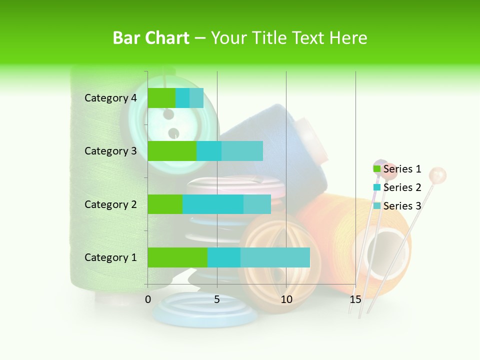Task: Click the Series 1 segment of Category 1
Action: (177, 257)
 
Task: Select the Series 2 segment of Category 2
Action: (213, 204)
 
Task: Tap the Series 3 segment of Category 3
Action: (242, 151)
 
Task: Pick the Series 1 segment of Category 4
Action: (161, 98)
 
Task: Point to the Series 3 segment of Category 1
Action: (275, 257)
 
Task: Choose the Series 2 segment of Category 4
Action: (182, 98)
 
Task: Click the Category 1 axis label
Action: (110, 257)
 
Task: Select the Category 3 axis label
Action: (110, 151)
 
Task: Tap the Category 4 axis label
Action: (110, 98)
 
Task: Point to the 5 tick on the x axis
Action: (217, 299)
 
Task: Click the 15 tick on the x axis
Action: (355, 299)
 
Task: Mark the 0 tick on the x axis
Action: (148, 299)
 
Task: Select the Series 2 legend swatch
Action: (377, 187)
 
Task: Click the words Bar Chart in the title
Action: (151, 38)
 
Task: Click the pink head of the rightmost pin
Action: (438, 175)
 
